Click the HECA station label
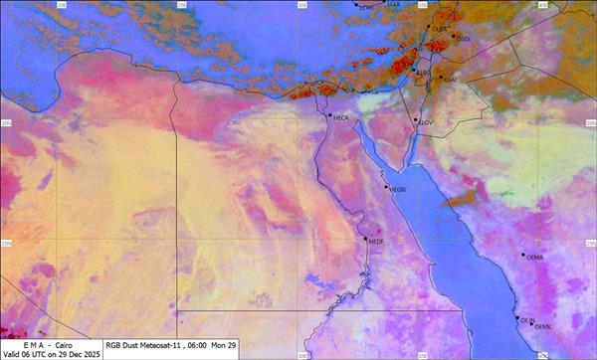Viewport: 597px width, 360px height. (341, 118)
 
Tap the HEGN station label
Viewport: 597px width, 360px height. (398, 189)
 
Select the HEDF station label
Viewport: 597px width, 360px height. (376, 241)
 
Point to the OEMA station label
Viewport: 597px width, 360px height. (534, 257)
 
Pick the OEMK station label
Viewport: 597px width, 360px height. (543, 327)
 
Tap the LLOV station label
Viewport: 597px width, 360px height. (427, 122)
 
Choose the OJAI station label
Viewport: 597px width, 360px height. (450, 79)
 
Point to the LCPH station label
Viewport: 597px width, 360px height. (367, 7)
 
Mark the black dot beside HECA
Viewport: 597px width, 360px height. (330, 115)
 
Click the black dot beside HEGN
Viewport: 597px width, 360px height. (386, 186)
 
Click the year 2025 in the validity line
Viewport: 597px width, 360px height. (90, 354)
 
